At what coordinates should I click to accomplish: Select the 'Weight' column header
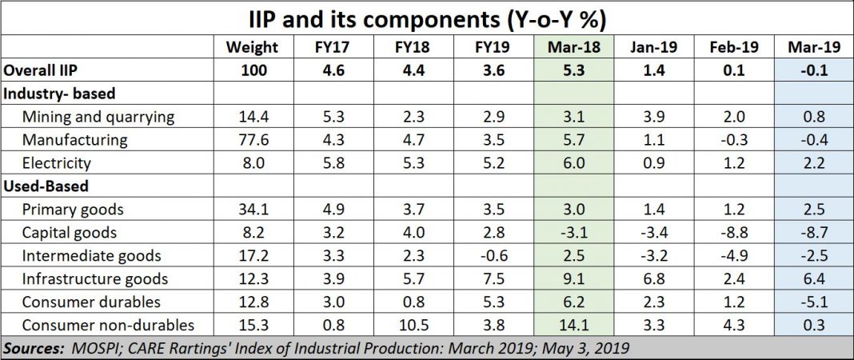tap(252, 47)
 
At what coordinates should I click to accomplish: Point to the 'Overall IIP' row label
tap(39, 70)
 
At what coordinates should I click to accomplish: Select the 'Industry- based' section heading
tap(51, 94)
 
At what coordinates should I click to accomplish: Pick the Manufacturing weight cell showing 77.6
tap(252, 140)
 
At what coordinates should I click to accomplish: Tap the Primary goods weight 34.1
tap(252, 210)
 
